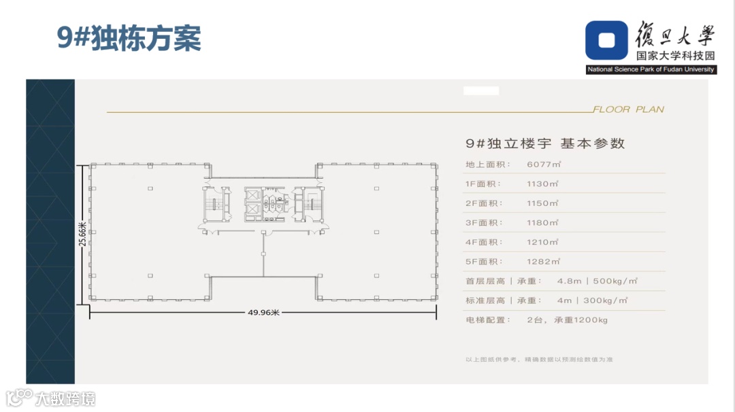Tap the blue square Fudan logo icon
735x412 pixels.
(x=607, y=40)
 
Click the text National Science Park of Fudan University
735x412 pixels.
(x=651, y=69)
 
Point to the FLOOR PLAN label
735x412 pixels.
(x=628, y=109)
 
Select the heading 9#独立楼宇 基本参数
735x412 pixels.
(x=545, y=143)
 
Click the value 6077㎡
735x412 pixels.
(x=542, y=164)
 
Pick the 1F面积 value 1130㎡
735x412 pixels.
(x=542, y=184)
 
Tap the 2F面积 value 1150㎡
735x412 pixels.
(x=542, y=203)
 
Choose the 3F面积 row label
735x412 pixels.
(x=483, y=222)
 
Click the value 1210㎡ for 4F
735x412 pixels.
(x=542, y=242)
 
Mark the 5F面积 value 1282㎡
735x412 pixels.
(x=542, y=262)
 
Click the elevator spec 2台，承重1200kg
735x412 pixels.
(x=567, y=320)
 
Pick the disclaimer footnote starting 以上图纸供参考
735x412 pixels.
(x=539, y=359)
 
